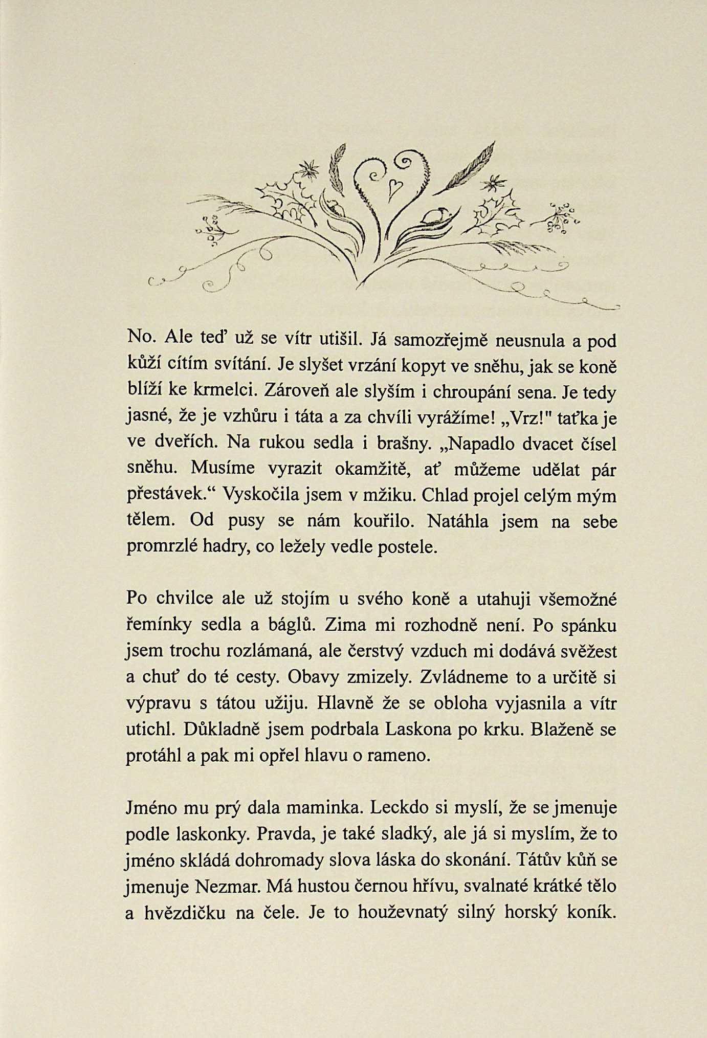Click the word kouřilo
(381, 521)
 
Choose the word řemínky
(159, 625)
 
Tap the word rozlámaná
(266, 651)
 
